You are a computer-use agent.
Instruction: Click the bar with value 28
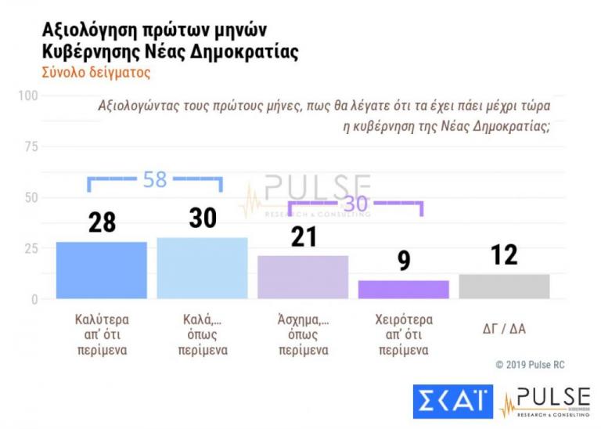click(102, 270)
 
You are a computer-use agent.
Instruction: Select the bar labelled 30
click(202, 268)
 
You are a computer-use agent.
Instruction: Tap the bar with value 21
click(303, 276)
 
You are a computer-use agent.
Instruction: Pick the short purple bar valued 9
click(404, 289)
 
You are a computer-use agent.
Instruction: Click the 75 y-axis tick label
click(31, 146)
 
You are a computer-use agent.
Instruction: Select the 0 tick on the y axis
click(34, 299)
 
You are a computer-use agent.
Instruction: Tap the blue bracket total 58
click(155, 179)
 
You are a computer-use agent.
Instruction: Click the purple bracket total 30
click(356, 204)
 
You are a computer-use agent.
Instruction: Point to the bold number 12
click(504, 255)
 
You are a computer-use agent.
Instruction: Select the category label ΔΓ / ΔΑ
click(504, 329)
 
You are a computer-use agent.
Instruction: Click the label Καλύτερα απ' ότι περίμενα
click(102, 335)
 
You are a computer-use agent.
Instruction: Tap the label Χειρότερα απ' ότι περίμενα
click(404, 335)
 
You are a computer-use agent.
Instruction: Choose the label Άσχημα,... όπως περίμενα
click(303, 335)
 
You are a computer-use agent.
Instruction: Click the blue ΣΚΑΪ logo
click(453, 402)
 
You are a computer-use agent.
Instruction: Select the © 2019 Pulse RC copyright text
click(530, 365)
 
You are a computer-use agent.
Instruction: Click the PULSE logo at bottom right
click(545, 402)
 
